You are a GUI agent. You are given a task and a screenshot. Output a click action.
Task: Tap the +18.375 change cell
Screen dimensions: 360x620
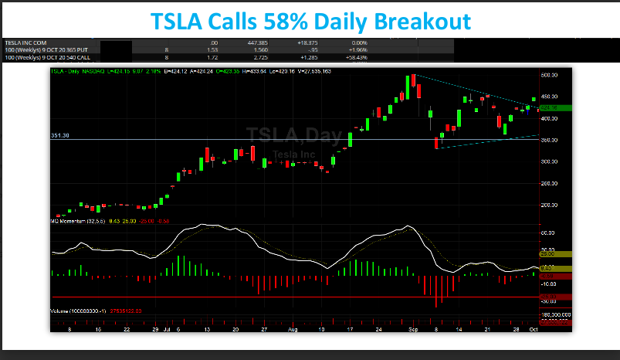[x=298, y=43]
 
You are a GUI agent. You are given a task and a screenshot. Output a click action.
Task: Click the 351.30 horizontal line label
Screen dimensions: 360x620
[x=60, y=135]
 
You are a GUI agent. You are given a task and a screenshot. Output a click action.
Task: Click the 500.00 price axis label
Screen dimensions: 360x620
[x=549, y=76]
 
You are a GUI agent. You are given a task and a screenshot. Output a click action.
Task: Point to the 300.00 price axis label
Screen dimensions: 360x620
[x=549, y=161]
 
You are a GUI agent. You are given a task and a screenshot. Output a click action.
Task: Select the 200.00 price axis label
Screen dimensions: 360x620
[x=549, y=205]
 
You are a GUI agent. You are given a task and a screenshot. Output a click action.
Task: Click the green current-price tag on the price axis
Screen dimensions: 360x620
[x=550, y=107]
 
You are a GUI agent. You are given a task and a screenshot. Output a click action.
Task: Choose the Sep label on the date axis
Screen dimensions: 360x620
[x=413, y=328]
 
